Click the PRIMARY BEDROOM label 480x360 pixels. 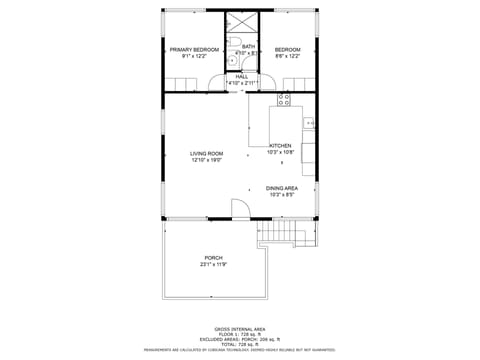(194, 49)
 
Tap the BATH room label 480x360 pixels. (248, 46)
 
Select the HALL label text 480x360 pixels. (242, 76)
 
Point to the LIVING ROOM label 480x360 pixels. (206, 153)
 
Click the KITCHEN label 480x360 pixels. (280, 146)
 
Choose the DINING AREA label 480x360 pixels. (281, 188)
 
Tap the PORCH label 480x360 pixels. (214, 257)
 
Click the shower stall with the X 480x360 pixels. (241, 26)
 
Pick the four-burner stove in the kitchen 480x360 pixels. (283, 99)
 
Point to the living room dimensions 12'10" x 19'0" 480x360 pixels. (206, 160)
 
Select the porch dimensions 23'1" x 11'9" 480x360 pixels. (214, 264)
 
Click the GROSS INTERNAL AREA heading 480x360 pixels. (240, 328)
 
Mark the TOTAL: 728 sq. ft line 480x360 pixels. (240, 343)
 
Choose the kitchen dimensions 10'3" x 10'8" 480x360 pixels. (280, 153)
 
